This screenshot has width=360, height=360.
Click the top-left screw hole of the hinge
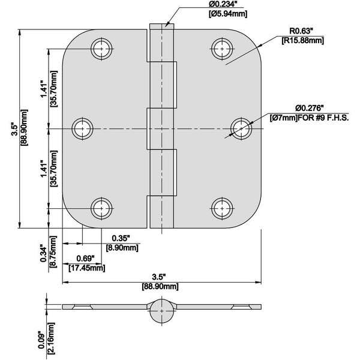tap(102, 49)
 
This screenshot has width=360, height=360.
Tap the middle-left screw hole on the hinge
tap(83, 128)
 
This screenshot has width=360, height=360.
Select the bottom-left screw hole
tap(102, 208)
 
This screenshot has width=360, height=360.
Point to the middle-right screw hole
tap(241, 128)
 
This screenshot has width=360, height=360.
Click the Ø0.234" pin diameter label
tap(214, 5)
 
